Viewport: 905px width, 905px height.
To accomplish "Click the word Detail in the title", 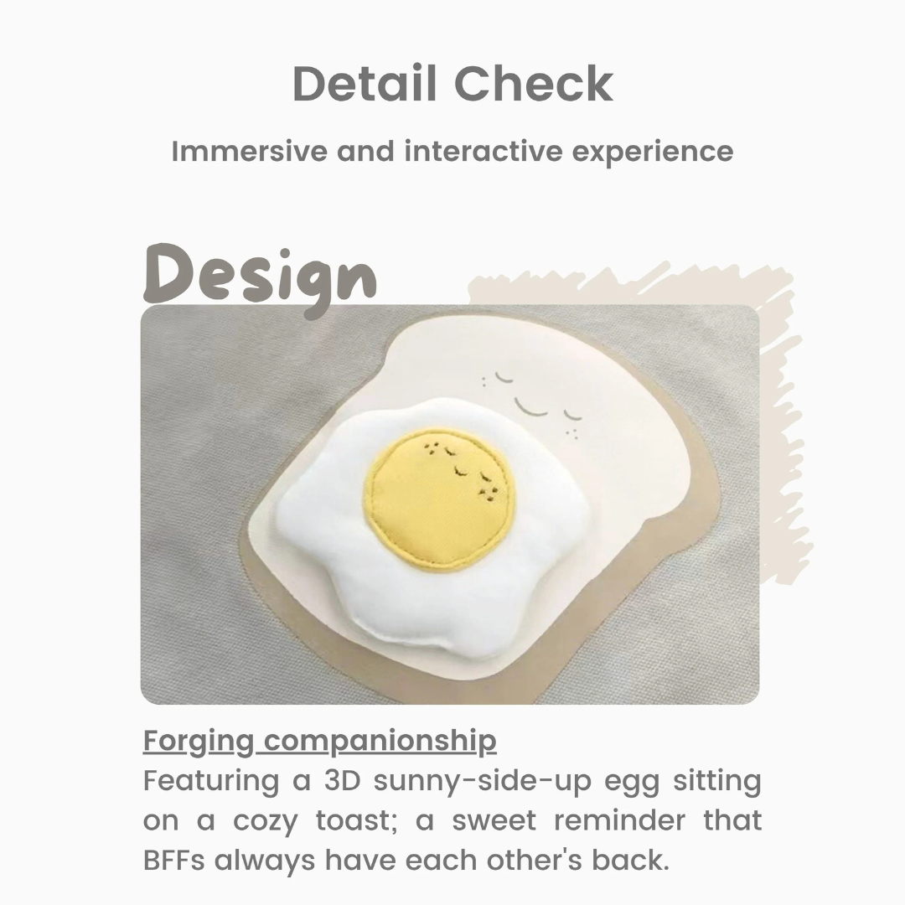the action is tap(365, 84).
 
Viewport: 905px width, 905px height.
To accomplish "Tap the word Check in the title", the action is tap(534, 84).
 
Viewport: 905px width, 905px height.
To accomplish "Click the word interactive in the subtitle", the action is tap(484, 151).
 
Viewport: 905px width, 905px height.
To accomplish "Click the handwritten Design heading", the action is tap(260, 280).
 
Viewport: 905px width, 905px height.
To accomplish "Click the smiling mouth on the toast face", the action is tap(531, 407).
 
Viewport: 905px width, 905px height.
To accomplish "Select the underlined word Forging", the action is tap(198, 742).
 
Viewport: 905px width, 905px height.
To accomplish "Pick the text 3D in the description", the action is tap(342, 780).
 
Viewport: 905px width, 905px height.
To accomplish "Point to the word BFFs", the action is tap(173, 860).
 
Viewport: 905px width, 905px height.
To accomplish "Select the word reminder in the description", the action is tap(619, 820).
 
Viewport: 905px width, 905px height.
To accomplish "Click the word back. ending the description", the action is tap(630, 860).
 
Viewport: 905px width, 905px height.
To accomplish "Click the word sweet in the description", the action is tap(494, 820).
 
